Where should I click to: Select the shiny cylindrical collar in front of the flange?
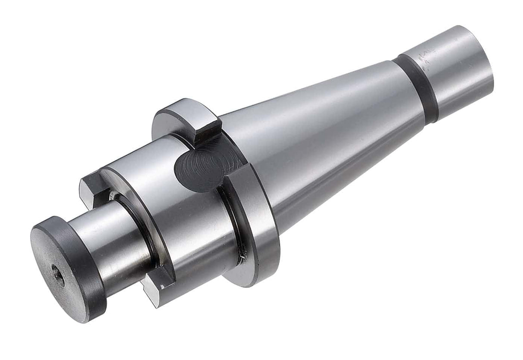pos(181,207)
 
